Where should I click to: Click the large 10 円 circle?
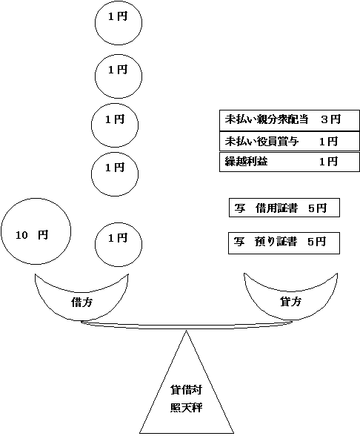click(36, 234)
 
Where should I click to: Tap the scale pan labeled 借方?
click(81, 297)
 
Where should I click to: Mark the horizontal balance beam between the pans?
click(181, 323)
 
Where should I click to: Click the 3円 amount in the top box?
click(331, 119)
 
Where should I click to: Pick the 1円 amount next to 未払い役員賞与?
click(328, 141)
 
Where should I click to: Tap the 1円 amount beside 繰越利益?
click(328, 161)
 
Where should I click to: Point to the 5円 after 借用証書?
click(316, 208)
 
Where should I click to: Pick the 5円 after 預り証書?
click(316, 242)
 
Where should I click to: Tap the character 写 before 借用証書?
click(240, 208)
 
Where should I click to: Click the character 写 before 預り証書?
click(240, 242)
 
